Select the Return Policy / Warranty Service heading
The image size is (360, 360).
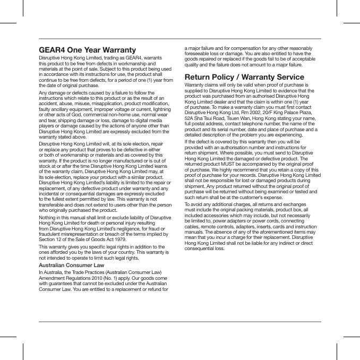click(x=244, y=77)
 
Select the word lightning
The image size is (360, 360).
click(x=160, y=109)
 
